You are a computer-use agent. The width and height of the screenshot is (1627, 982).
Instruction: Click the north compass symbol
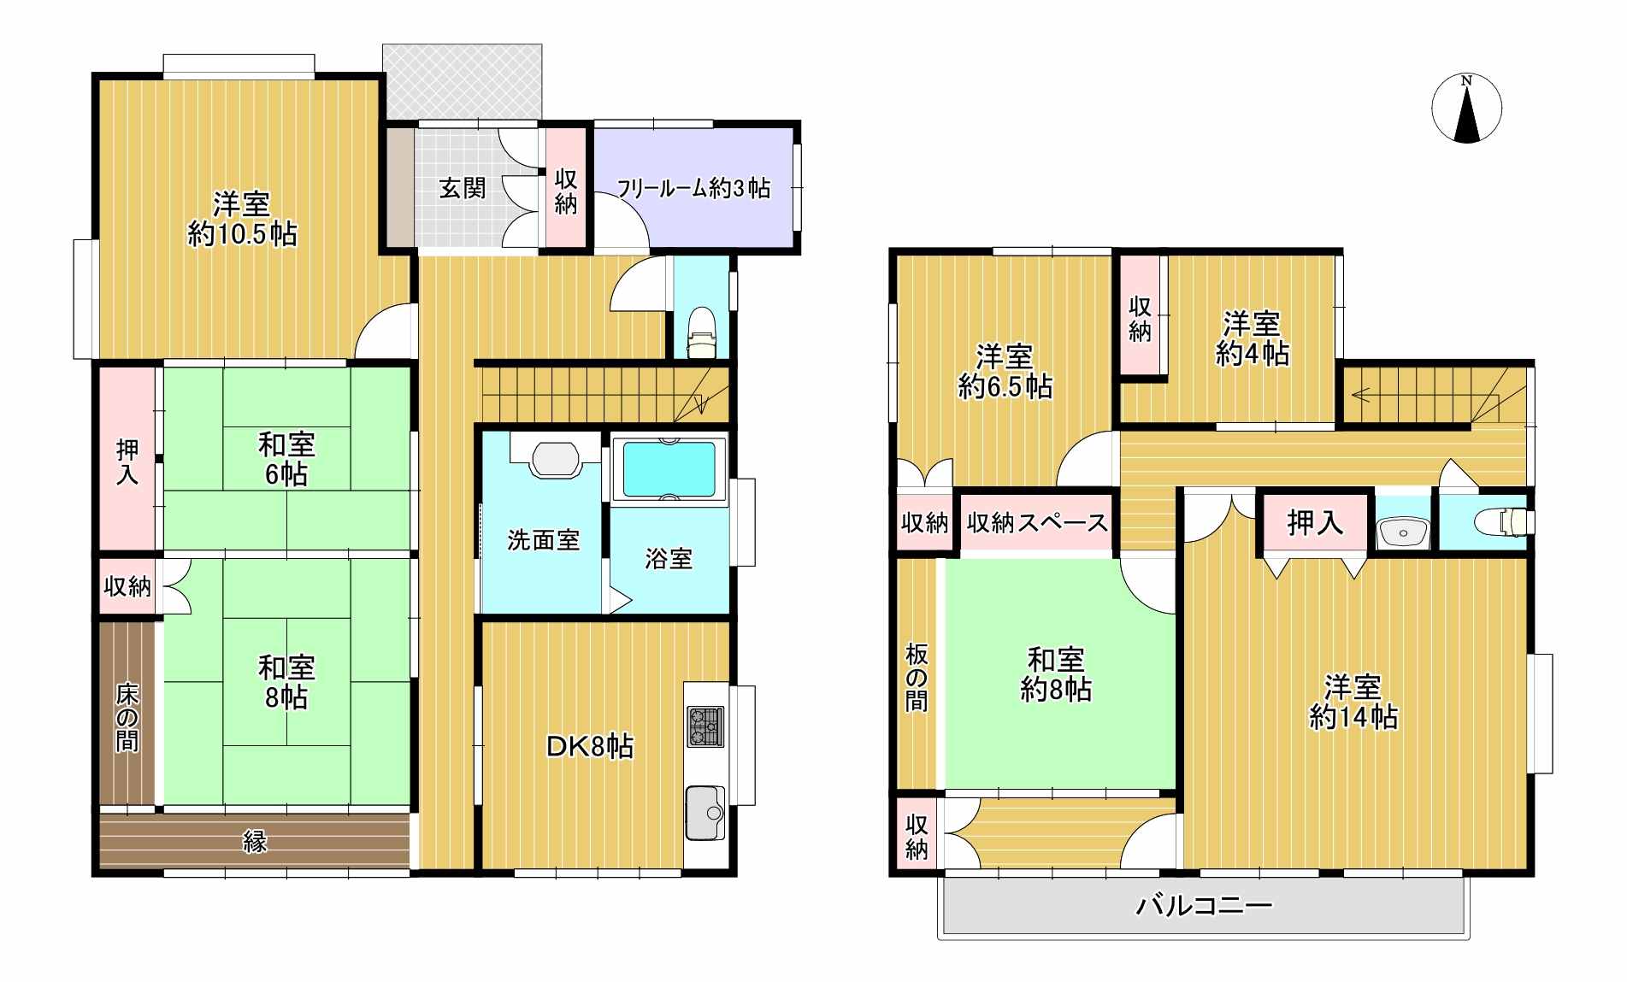pos(1466,108)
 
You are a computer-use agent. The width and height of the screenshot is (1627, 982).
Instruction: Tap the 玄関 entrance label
pos(463,188)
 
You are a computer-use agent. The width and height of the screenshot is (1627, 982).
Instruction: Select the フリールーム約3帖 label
pos(693,188)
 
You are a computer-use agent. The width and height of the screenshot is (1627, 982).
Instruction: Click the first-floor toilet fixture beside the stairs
pos(702,332)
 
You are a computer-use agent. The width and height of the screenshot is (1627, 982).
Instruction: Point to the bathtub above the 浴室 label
pos(669,469)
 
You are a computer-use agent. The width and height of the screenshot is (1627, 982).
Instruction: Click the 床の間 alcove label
pos(127,716)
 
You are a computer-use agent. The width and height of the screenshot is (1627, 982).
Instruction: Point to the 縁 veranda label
pos(255,842)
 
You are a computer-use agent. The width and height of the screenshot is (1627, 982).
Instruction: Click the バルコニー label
pos(1204,905)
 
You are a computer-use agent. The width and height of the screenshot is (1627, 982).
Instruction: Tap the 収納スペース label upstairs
pos(1036,522)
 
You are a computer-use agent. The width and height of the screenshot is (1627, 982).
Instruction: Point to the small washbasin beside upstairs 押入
pos(1403,532)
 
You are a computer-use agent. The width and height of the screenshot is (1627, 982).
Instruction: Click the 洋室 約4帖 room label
pos(1252,339)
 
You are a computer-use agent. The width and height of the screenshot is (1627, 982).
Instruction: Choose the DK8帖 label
pos(590,747)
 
